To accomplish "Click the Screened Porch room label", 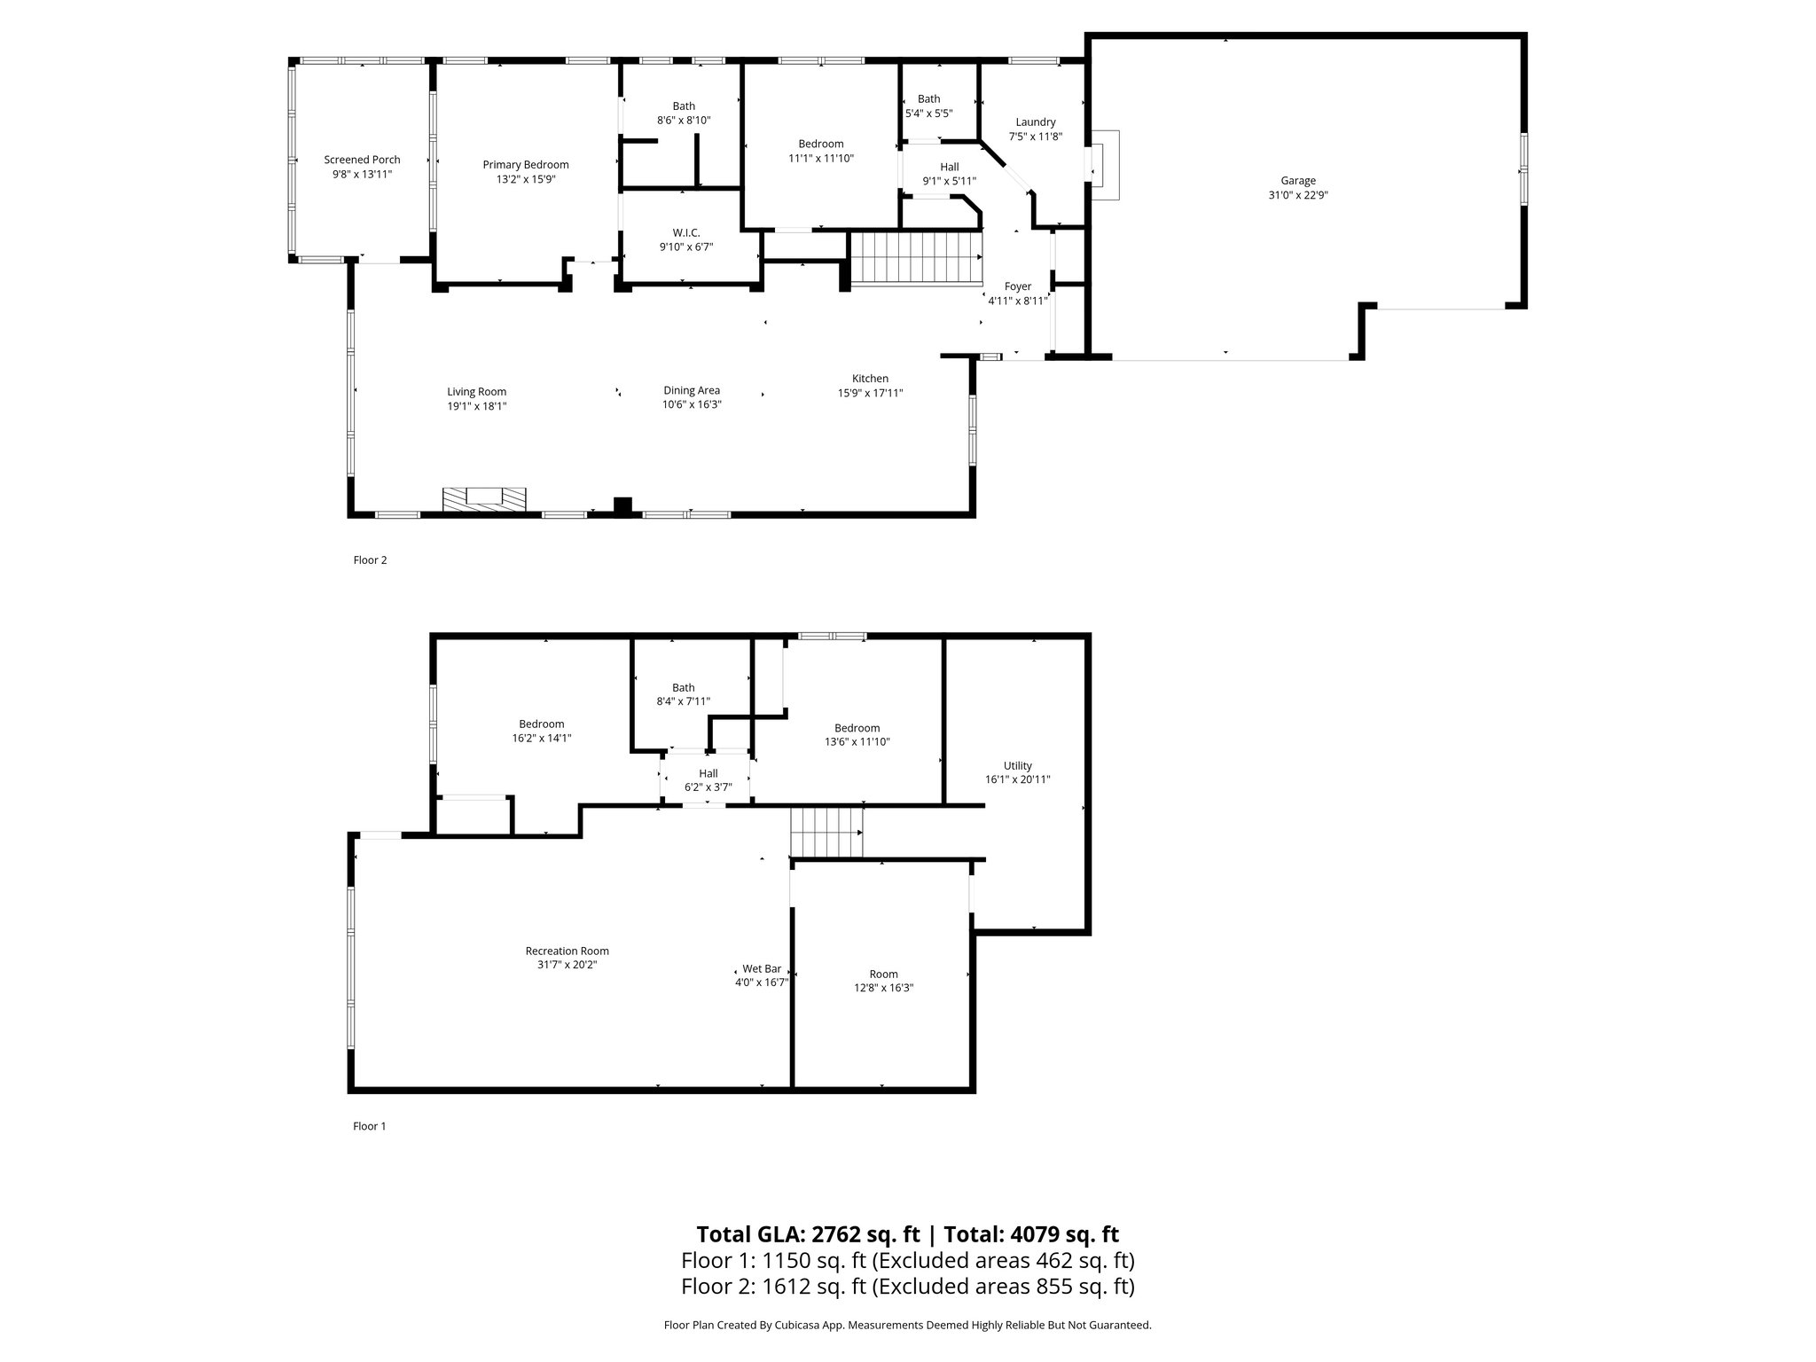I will [x=362, y=160].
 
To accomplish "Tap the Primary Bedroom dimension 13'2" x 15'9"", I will [x=526, y=179].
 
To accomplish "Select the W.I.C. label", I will [x=685, y=233].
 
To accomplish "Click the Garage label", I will [x=1297, y=181].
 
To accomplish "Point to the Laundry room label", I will [x=1035, y=122].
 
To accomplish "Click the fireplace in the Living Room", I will [x=484, y=499].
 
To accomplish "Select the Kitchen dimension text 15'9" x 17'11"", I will [x=870, y=393].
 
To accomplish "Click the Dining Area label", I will [x=692, y=390].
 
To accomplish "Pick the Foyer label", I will [x=1017, y=286].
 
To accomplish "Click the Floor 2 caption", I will [x=370, y=560].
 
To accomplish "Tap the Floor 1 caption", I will [x=370, y=1126].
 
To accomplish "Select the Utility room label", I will [x=1017, y=766].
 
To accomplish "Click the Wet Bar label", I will [x=762, y=969].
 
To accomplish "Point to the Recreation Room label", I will [x=567, y=951].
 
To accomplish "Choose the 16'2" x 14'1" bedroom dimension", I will [x=541, y=738].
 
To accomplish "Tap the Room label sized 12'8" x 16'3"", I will [x=883, y=974].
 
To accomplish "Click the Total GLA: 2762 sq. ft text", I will [x=810, y=1234].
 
